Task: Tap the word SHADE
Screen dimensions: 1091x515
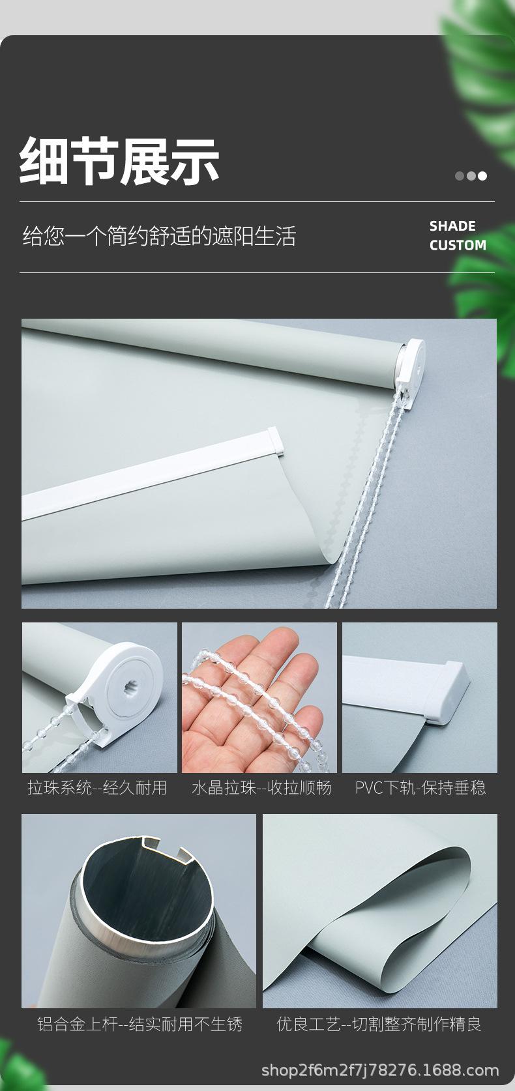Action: [452, 226]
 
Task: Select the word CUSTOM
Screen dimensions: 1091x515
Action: [458, 245]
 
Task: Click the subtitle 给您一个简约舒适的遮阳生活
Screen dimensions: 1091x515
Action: [159, 236]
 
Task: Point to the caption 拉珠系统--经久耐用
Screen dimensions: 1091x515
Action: [97, 787]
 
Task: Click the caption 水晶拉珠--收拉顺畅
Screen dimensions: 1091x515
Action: [261, 787]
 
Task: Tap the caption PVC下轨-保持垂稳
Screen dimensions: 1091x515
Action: [420, 787]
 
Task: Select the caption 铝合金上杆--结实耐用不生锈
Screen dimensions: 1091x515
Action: [140, 1024]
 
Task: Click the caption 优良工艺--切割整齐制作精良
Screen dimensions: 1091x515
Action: [379, 1024]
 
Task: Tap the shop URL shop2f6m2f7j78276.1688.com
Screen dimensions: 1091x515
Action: [379, 1069]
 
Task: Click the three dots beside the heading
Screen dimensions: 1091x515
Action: [471, 175]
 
